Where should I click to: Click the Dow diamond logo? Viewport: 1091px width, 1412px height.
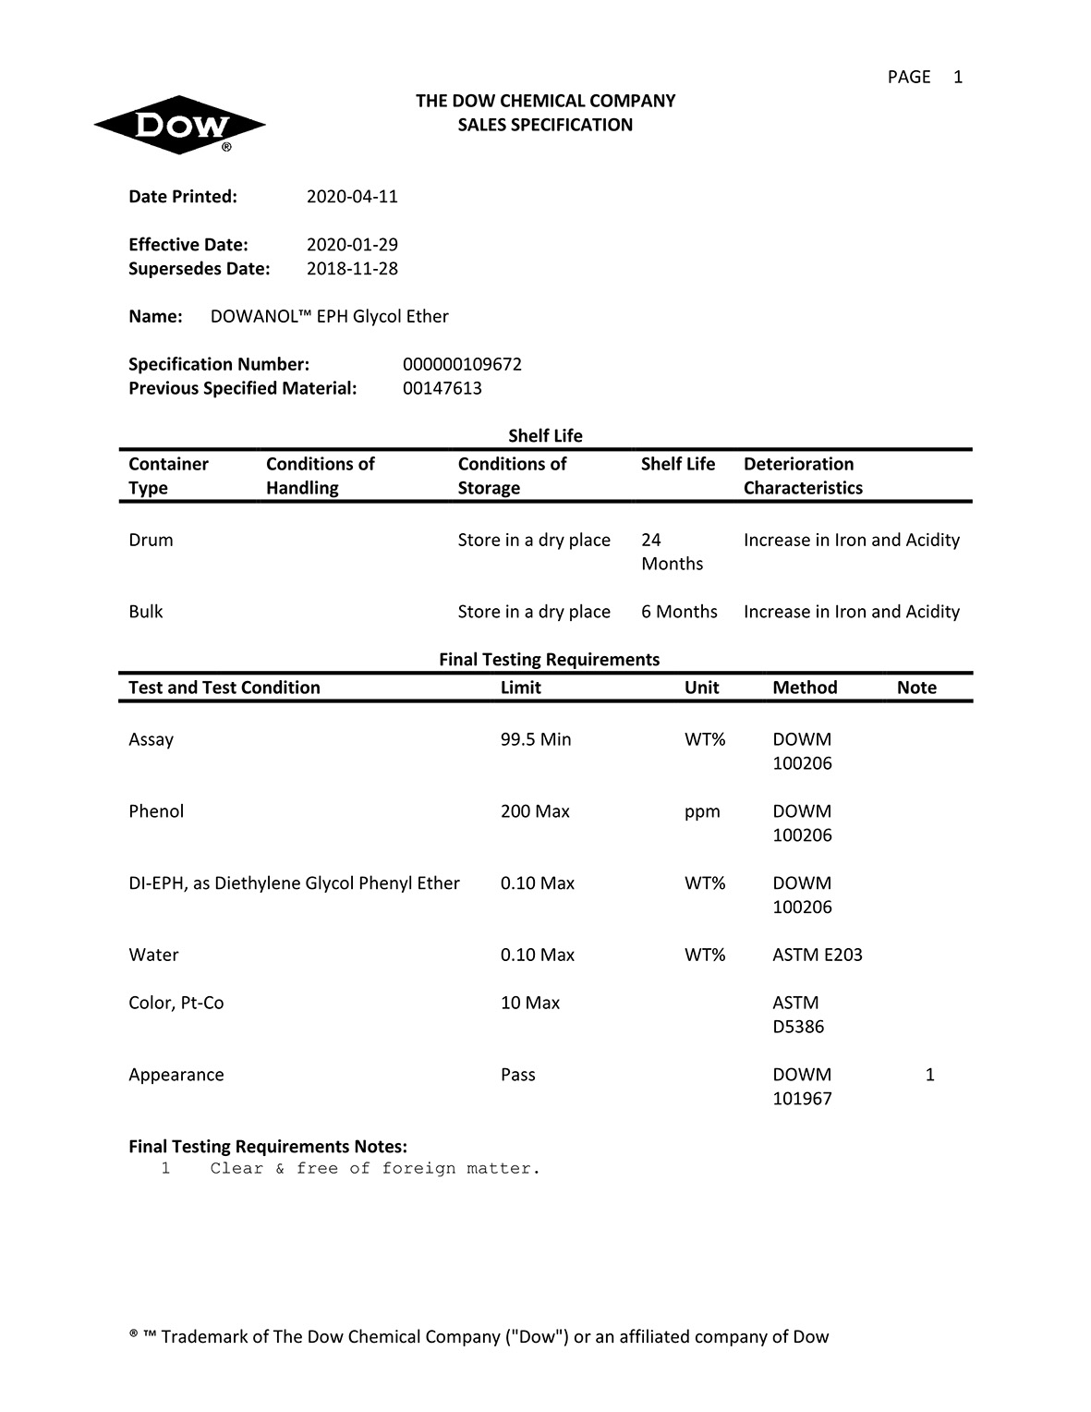click(179, 125)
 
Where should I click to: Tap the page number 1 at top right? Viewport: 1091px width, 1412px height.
click(958, 78)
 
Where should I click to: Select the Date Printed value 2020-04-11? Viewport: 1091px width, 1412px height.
click(352, 197)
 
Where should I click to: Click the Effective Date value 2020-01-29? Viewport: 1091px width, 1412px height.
click(352, 245)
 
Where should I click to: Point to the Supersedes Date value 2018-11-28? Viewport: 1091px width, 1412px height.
click(352, 269)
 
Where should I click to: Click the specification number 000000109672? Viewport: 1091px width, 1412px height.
click(462, 365)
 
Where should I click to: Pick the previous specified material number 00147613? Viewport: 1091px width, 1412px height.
click(442, 389)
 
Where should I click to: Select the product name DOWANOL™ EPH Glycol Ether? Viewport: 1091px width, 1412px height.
click(329, 317)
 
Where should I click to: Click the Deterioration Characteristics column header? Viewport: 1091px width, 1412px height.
click(802, 476)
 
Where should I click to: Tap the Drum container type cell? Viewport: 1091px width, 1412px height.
click(151, 541)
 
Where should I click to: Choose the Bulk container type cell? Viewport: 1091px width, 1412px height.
click(145, 612)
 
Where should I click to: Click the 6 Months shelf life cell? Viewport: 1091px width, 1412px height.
click(679, 612)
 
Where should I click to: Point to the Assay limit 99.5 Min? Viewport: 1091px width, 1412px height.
click(536, 740)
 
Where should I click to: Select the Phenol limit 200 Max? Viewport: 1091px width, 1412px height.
click(535, 812)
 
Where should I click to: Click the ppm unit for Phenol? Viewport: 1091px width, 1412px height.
click(702, 812)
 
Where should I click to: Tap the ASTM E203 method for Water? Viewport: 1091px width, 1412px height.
click(817, 956)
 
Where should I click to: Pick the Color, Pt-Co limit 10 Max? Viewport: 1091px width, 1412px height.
click(529, 1004)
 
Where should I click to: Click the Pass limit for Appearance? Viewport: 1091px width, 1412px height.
click(517, 1076)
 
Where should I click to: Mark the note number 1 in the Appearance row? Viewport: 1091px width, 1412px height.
click(929, 1076)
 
